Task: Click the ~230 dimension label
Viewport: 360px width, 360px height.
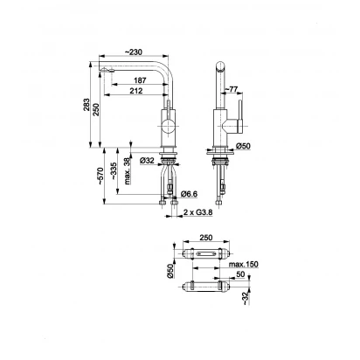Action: pos(134,52)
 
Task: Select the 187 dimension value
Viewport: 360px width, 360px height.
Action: pos(140,80)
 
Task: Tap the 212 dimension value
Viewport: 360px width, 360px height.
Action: pos(136,91)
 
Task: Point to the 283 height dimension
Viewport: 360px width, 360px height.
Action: pos(87,105)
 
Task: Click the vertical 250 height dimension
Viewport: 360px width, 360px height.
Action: pos(96,109)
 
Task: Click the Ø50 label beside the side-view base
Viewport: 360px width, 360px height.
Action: pos(243,146)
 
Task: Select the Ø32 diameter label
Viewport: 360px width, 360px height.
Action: pos(147,160)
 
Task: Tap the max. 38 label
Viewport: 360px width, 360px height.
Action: pos(128,171)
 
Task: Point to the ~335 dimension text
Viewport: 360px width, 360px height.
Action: pos(114,170)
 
